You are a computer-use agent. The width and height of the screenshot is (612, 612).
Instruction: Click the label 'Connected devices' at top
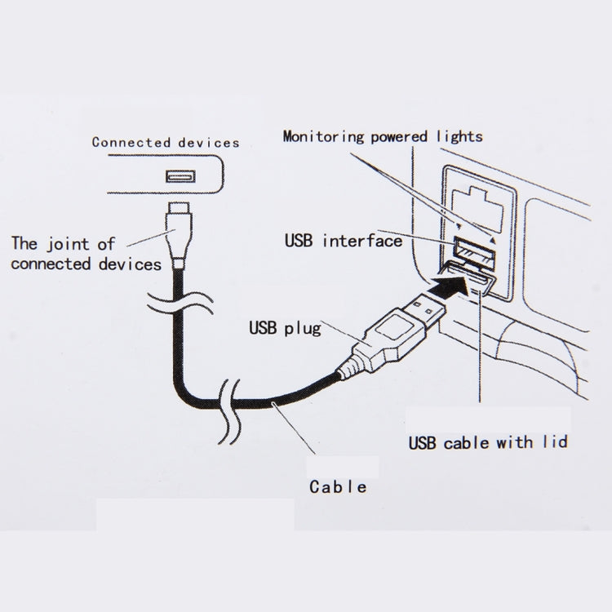tap(166, 143)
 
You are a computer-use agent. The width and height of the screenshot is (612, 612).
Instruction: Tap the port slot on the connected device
tap(180, 176)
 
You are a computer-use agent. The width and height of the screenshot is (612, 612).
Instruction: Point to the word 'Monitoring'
tap(324, 136)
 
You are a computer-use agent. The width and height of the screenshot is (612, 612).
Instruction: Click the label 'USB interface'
tap(344, 241)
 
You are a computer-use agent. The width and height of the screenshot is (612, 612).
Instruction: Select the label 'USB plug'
tap(285, 328)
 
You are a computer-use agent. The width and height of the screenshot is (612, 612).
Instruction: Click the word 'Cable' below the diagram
tap(338, 486)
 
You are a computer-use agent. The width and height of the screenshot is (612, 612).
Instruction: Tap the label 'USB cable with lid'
tap(488, 442)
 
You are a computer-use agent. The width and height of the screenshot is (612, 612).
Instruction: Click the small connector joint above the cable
tap(180, 235)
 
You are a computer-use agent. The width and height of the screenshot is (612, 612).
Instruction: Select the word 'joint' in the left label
tap(68, 244)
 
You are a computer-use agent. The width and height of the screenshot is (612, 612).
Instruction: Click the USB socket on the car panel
tap(474, 252)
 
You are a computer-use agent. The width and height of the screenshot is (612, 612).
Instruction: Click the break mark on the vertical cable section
tap(180, 303)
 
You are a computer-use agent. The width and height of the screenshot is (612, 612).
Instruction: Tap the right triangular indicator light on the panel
tap(493, 240)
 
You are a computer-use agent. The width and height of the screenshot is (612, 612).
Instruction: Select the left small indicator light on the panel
tap(459, 225)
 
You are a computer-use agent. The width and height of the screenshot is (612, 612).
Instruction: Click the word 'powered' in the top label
tap(398, 137)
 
